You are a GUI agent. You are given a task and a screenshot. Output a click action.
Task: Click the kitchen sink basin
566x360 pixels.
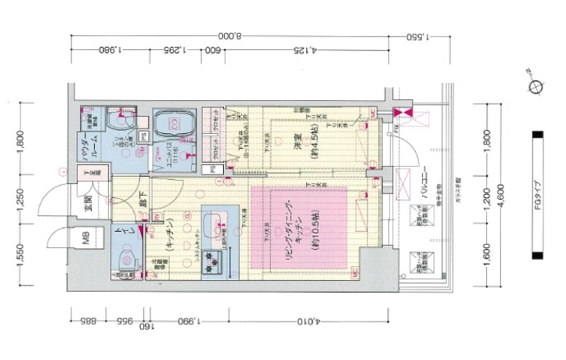click(213, 226)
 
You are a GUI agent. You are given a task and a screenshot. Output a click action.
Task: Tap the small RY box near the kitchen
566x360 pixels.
click(157, 218)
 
